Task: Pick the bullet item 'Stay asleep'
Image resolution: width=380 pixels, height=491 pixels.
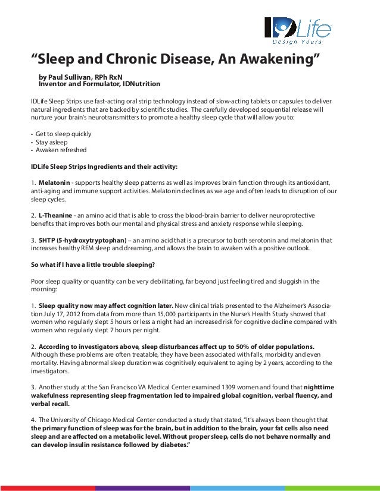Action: click(52, 142)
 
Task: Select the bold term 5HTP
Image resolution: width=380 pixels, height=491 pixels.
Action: click(47, 240)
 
